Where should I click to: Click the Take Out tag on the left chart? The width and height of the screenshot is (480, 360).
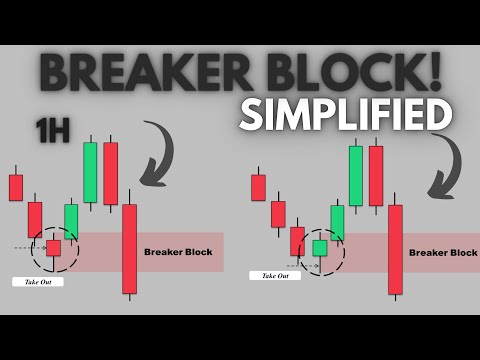click(36, 282)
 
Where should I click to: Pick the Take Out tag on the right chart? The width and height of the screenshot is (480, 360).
click(276, 275)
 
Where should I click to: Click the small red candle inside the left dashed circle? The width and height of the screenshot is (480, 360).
click(53, 247)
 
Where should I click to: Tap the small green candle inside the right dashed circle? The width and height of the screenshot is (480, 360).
click(319, 246)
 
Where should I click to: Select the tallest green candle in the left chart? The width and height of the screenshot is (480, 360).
click(90, 172)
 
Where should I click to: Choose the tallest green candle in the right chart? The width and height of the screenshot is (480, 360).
click(356, 175)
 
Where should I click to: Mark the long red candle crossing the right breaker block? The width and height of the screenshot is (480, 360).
click(396, 250)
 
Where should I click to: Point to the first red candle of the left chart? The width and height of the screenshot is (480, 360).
click(16, 187)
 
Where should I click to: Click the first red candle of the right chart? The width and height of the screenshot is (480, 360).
click(259, 187)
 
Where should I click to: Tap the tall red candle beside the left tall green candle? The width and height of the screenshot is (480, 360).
click(109, 172)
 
